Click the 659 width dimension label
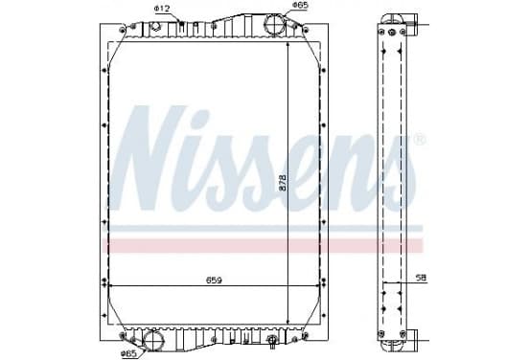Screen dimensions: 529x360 [x=215, y=281]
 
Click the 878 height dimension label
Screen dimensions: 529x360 [x=283, y=182]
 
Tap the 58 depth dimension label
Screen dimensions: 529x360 [x=422, y=278]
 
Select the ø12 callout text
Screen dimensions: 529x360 [x=162, y=10]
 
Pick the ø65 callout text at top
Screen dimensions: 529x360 [x=300, y=5]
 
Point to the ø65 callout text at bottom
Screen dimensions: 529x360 [x=128, y=353]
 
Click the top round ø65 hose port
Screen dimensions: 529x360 [x=274, y=24]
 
